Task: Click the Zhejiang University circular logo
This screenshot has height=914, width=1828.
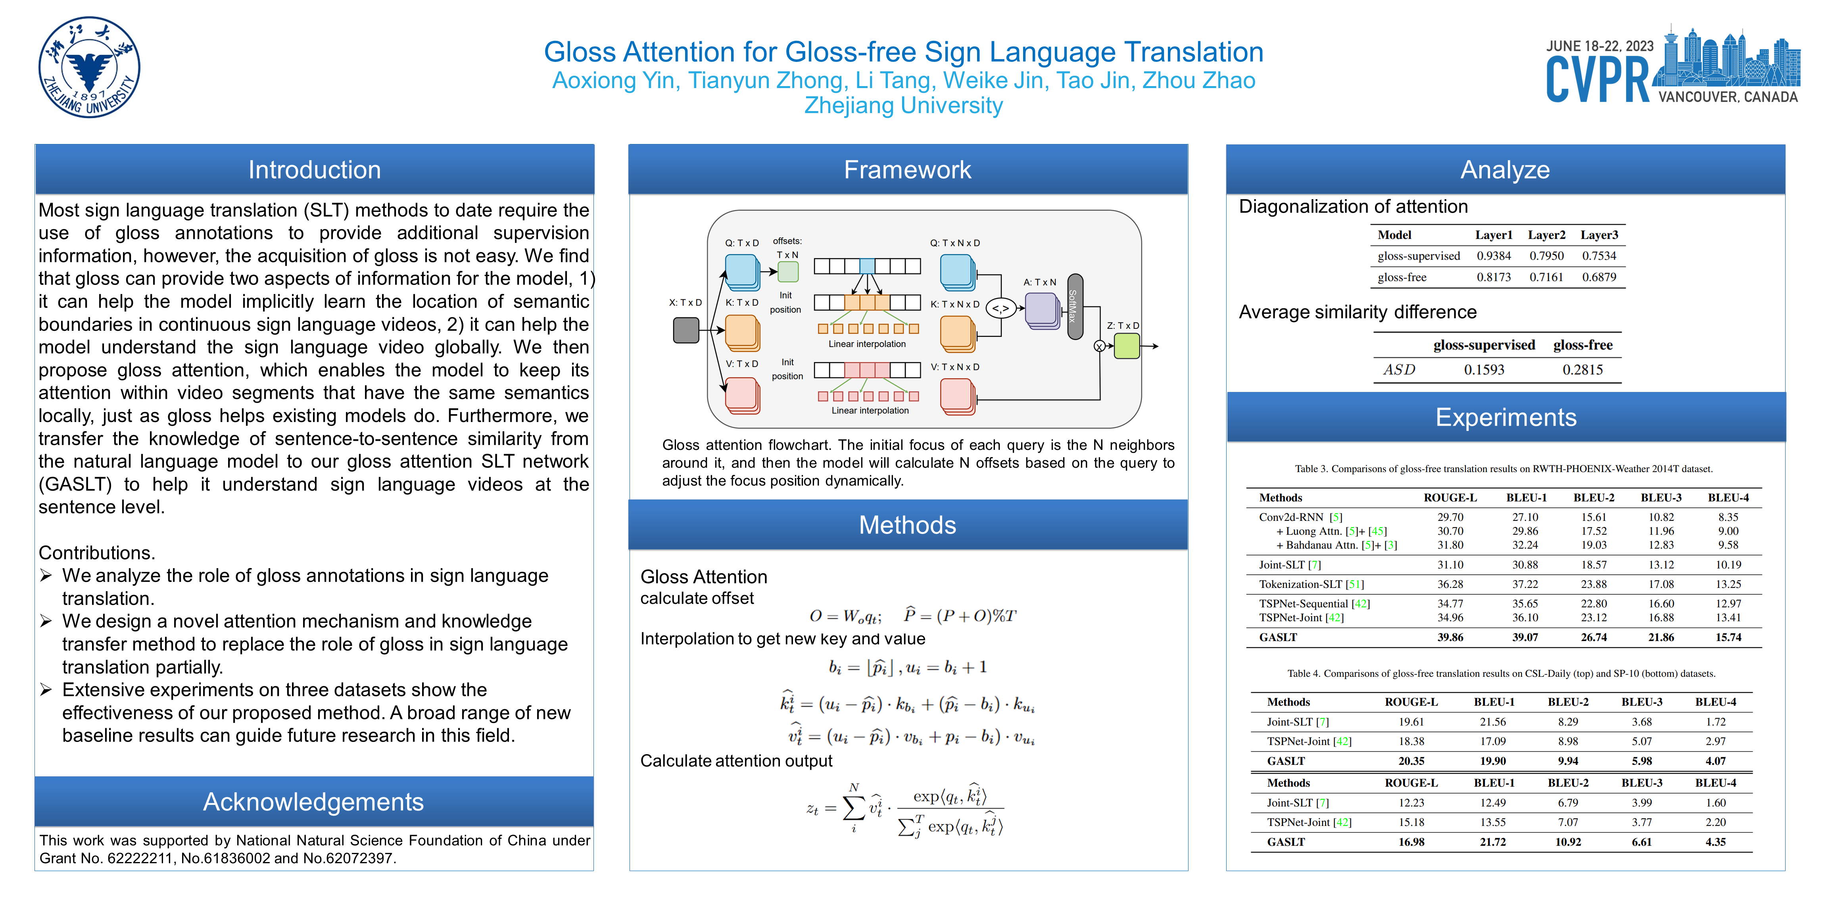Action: coord(89,67)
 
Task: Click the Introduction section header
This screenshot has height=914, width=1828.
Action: coord(314,170)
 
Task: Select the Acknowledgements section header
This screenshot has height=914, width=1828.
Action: coord(314,801)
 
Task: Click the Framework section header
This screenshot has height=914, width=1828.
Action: coord(908,170)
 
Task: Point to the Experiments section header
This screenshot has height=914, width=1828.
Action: coord(1506,417)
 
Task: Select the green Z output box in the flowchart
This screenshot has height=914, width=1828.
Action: coord(1126,346)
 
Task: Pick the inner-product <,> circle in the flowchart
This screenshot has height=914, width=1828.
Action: coord(1000,308)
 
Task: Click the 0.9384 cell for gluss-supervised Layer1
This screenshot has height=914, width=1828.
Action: coord(1493,255)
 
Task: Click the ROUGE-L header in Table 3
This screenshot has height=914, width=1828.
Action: coord(1450,497)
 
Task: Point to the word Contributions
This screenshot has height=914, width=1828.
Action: coord(96,553)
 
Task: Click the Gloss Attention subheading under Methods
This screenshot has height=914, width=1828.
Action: coord(703,576)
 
